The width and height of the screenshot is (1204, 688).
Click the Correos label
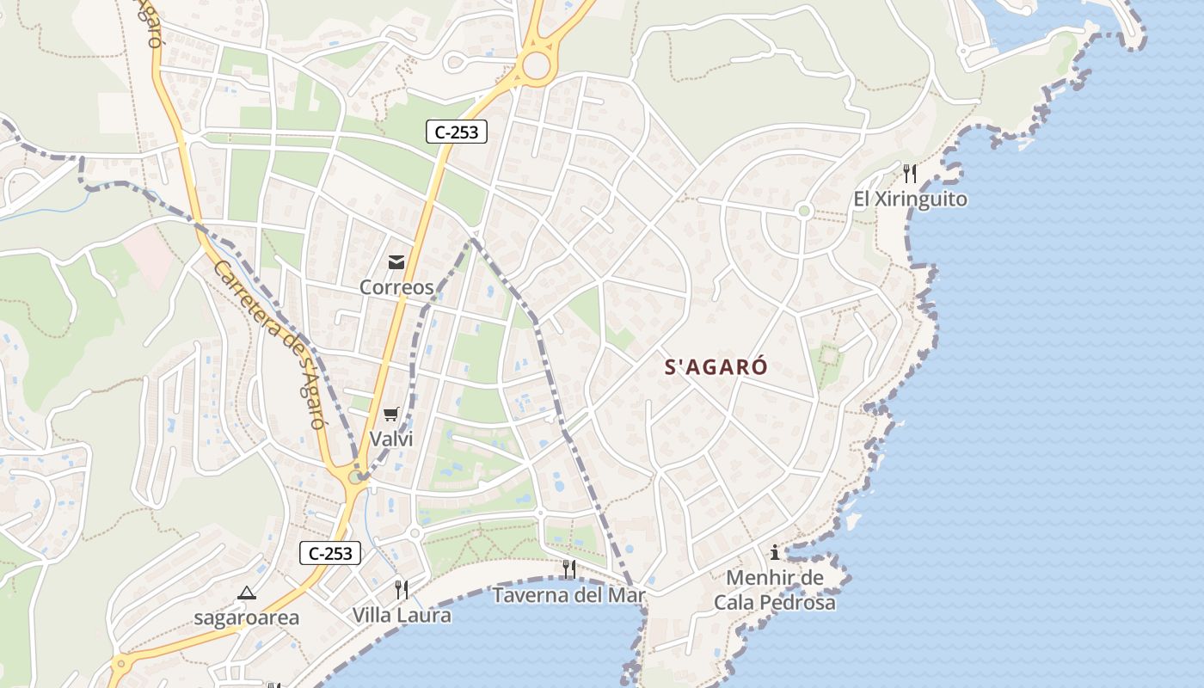click(396, 287)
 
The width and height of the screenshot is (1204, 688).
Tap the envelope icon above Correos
click(396, 262)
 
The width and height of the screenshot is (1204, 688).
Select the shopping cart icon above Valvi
click(391, 415)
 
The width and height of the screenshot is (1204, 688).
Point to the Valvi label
click(391, 439)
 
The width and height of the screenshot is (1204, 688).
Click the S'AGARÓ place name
click(716, 367)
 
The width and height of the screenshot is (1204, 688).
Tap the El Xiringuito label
click(910, 200)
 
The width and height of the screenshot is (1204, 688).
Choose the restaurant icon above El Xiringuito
click(910, 174)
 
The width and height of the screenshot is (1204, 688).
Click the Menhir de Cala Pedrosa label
click(775, 590)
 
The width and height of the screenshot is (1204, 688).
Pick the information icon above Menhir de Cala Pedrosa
click(775, 553)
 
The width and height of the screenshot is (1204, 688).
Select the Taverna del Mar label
click(568, 594)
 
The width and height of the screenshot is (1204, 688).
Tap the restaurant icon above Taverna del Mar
click(568, 568)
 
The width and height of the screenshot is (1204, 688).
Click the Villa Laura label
click(402, 615)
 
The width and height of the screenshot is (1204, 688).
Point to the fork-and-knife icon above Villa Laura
click(402, 589)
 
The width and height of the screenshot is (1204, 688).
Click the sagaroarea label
click(247, 617)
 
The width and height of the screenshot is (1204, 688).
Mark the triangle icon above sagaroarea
click(247, 593)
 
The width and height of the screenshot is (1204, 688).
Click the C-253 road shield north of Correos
click(457, 132)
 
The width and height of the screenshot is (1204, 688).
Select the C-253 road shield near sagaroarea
click(329, 553)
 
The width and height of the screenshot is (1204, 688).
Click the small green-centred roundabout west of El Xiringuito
click(804, 211)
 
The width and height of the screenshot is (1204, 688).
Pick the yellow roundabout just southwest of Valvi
click(355, 476)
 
